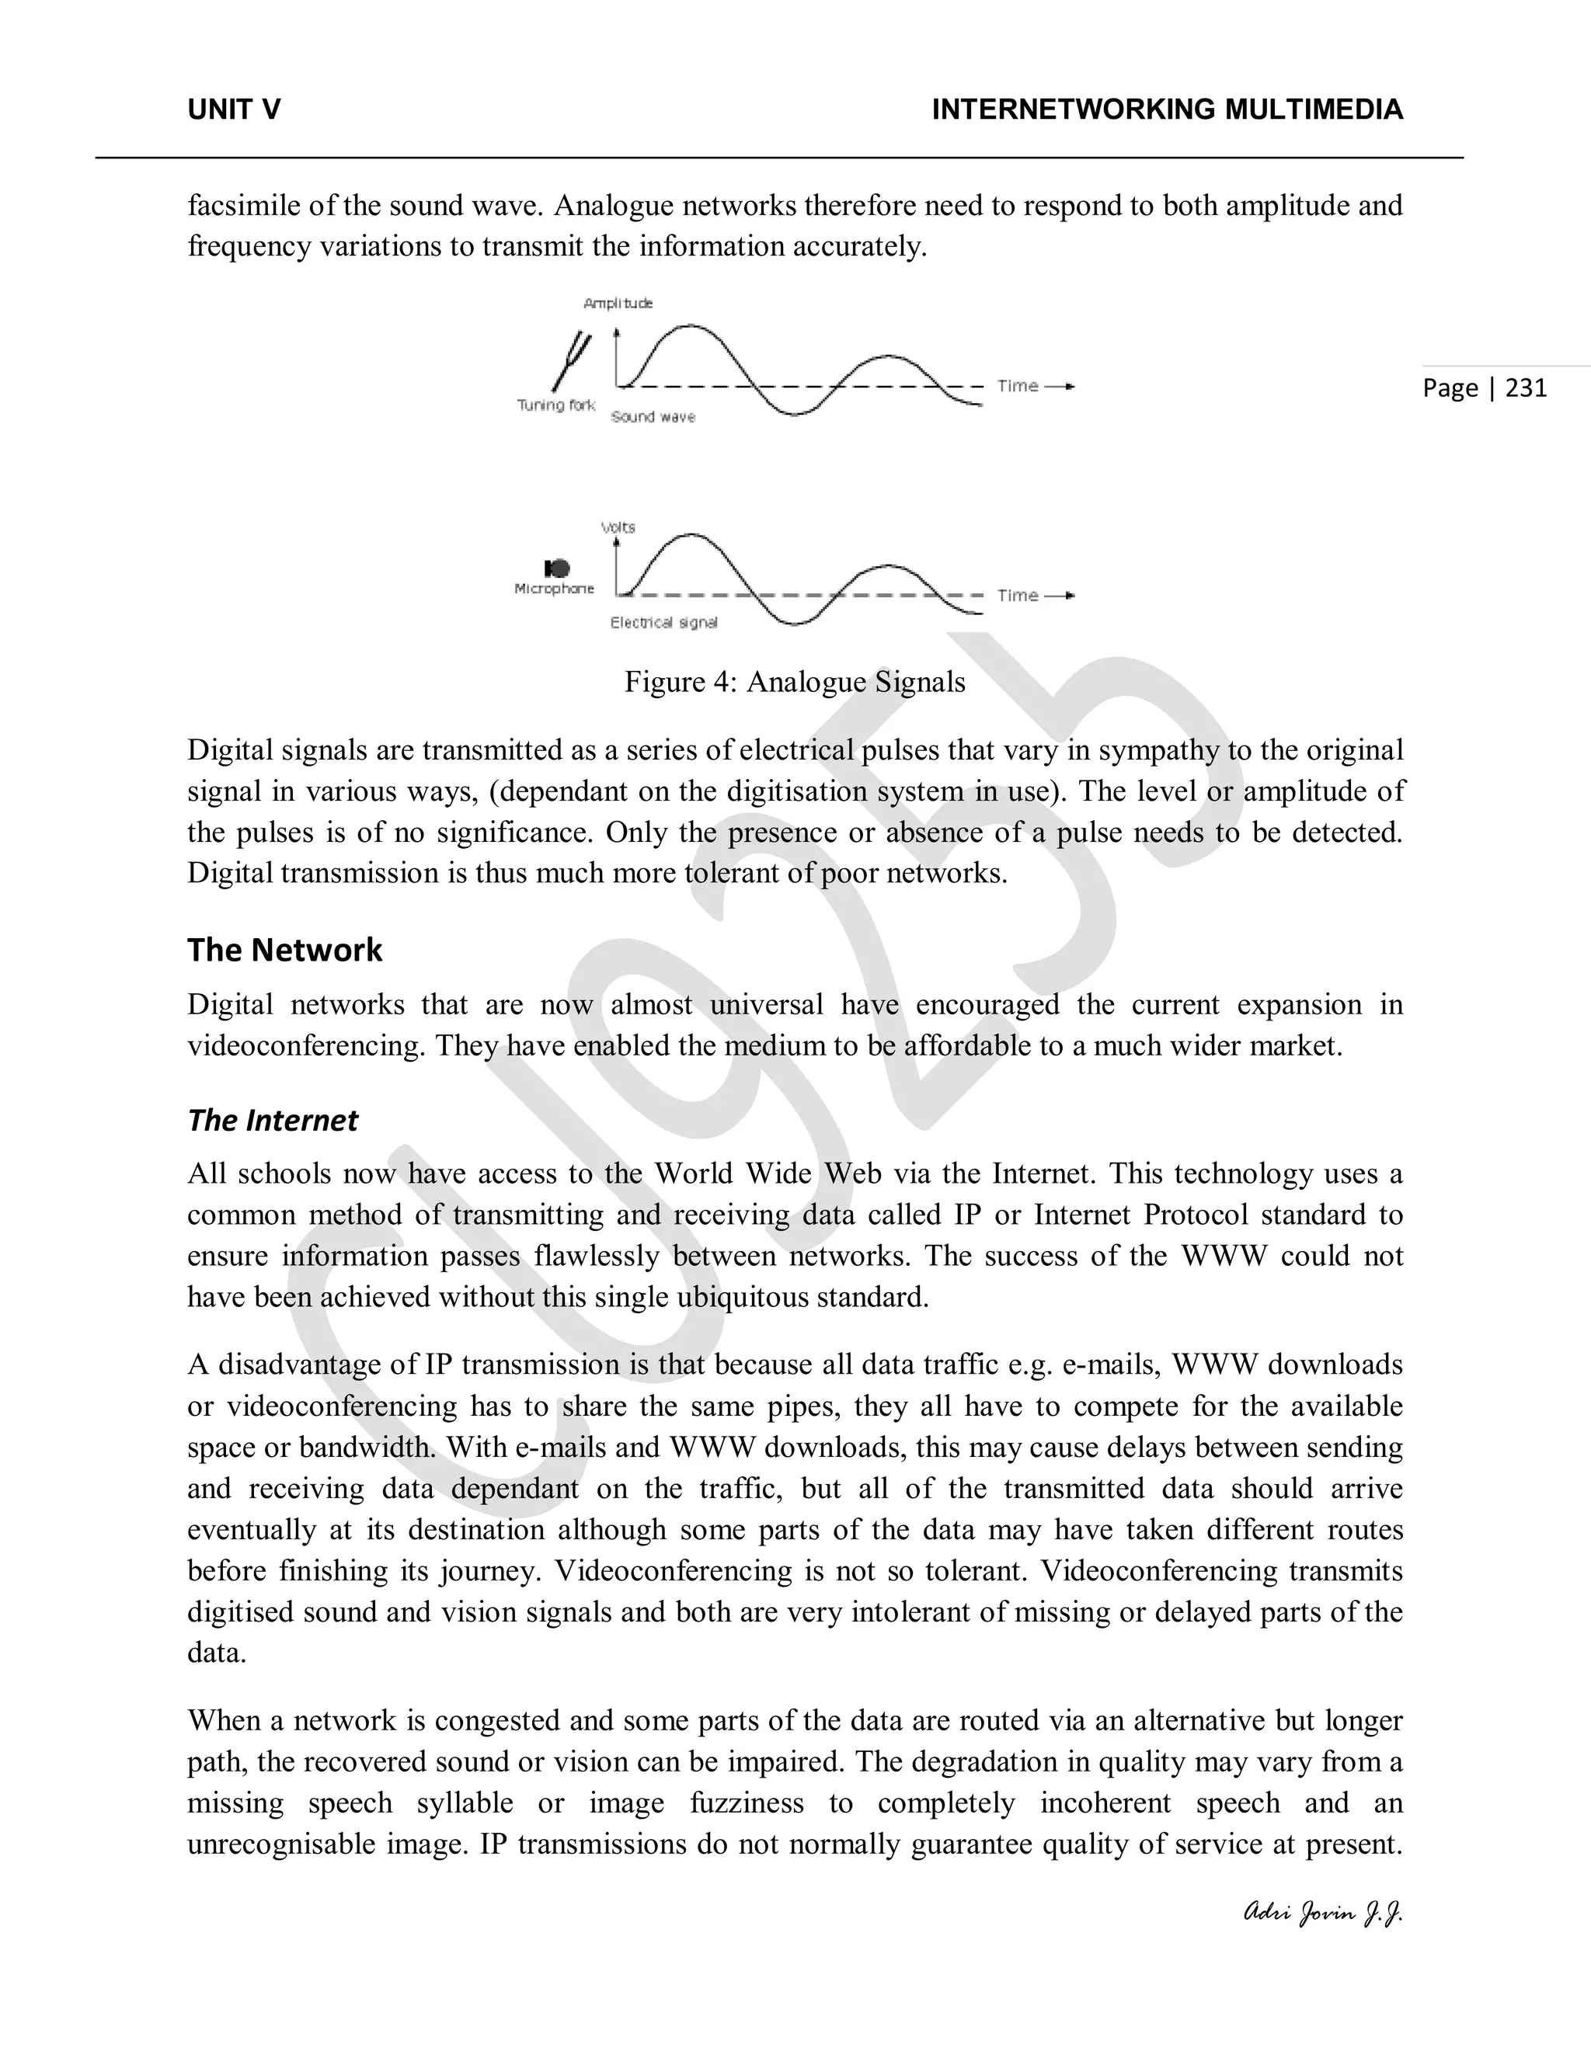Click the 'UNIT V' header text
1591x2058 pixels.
click(234, 110)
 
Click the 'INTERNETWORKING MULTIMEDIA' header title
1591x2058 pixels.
click(1167, 110)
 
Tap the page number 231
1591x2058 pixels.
click(1526, 388)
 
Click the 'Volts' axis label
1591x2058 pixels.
click(618, 527)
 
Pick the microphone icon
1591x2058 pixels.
click(557, 568)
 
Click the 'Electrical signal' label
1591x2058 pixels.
click(663, 623)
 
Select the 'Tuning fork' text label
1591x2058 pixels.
click(556, 405)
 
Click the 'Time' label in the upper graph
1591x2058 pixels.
click(1018, 386)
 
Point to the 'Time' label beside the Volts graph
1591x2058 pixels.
click(1018, 596)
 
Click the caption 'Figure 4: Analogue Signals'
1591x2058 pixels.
click(795, 682)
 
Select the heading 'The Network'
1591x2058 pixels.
click(284, 950)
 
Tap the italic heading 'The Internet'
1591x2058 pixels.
click(273, 1121)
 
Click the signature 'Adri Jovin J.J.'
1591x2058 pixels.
click(1322, 1913)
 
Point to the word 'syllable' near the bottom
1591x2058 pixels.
click(465, 1802)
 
